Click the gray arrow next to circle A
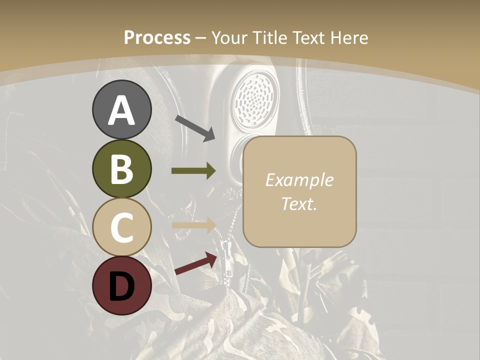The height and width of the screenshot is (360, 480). (195, 128)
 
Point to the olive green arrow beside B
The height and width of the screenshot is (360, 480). (193, 171)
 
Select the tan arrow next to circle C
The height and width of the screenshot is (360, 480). (193, 225)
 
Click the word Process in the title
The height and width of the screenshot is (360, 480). (157, 38)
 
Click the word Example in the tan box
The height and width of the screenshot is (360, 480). (299, 180)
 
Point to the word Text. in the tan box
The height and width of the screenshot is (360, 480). (299, 204)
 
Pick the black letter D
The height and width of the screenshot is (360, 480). (122, 286)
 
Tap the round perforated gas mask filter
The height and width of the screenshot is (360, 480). (255, 100)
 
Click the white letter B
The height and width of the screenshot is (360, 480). (122, 169)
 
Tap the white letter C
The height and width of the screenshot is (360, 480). (122, 227)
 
